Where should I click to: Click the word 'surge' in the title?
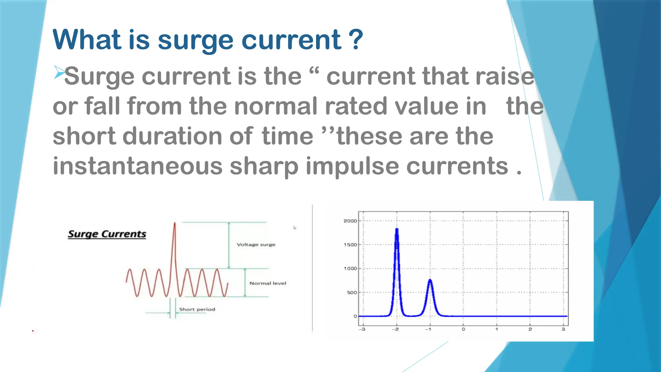(x=195, y=41)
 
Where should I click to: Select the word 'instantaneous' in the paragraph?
(x=137, y=166)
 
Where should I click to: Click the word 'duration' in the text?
(x=172, y=136)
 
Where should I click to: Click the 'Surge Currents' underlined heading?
(x=107, y=234)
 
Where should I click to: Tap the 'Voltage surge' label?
(x=256, y=244)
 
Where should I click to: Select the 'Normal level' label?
(x=268, y=283)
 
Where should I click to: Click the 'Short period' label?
(x=197, y=309)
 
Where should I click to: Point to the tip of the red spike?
(x=175, y=223)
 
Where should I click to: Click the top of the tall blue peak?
(x=397, y=229)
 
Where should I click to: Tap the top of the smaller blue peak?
(x=430, y=280)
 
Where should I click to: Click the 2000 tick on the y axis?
(x=350, y=221)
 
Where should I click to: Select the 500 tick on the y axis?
(x=351, y=293)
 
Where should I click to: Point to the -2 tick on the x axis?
(x=395, y=329)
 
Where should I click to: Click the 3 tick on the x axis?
(x=563, y=329)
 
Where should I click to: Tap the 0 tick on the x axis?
(x=463, y=329)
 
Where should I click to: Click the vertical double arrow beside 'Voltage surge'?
(x=229, y=245)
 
